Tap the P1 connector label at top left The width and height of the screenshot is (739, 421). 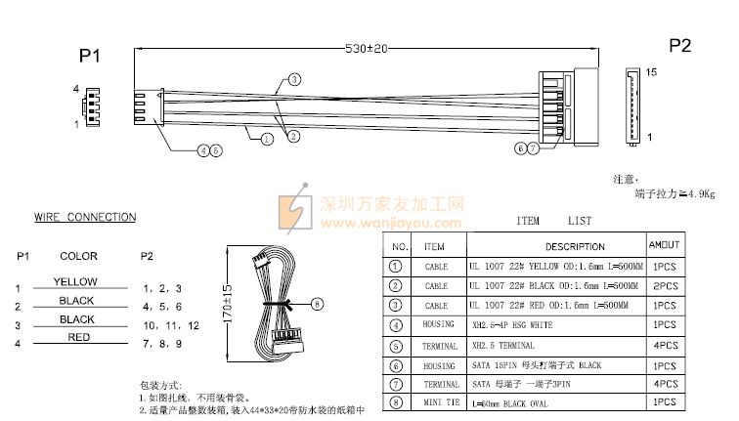click(x=90, y=57)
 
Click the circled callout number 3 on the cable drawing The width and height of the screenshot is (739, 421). click(x=294, y=79)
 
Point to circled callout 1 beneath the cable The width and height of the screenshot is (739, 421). click(x=266, y=139)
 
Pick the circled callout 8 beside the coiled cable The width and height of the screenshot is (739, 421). click(x=316, y=305)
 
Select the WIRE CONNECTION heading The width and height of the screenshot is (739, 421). click(x=85, y=217)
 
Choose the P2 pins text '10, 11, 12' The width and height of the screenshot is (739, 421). click(x=170, y=324)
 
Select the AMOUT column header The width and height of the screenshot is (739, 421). click(x=666, y=244)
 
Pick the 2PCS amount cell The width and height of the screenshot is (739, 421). click(x=665, y=285)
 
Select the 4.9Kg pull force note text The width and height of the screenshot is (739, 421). click(x=674, y=194)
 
